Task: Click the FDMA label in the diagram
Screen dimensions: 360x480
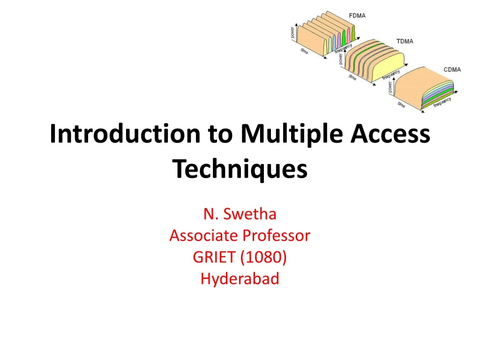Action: tap(358, 15)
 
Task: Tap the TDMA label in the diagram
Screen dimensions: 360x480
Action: tap(405, 41)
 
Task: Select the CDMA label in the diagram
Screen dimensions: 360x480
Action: tap(452, 70)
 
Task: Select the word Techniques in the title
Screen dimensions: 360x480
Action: tap(240, 169)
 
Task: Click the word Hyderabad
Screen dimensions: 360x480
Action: tap(240, 278)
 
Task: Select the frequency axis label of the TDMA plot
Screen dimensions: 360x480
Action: tap(391, 75)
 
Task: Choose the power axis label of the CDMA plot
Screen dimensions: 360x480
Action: tap(390, 88)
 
